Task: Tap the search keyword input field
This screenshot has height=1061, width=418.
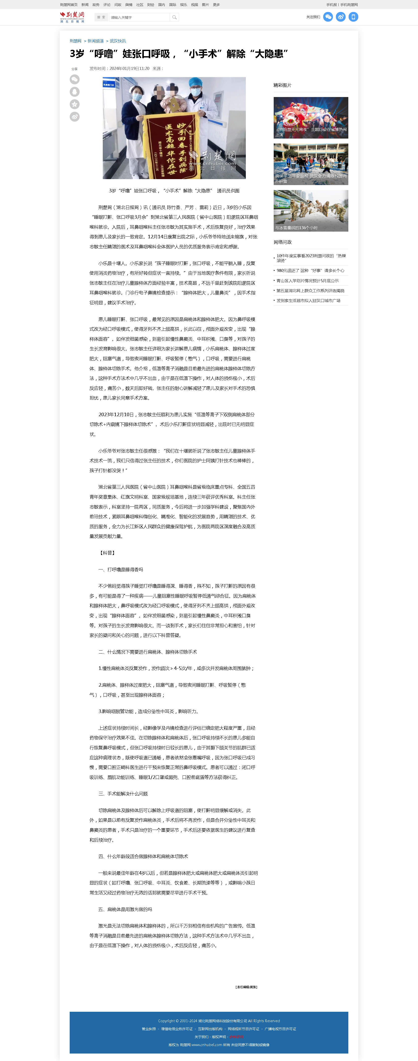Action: [139, 17]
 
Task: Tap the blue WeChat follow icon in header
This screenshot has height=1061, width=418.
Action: [328, 17]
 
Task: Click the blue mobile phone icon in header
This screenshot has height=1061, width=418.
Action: [353, 17]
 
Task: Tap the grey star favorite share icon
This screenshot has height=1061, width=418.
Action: [75, 104]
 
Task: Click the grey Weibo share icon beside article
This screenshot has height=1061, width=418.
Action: [75, 117]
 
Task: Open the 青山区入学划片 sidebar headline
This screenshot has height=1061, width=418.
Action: [307, 281]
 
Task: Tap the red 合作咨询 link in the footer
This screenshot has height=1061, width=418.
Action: [236, 1037]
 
